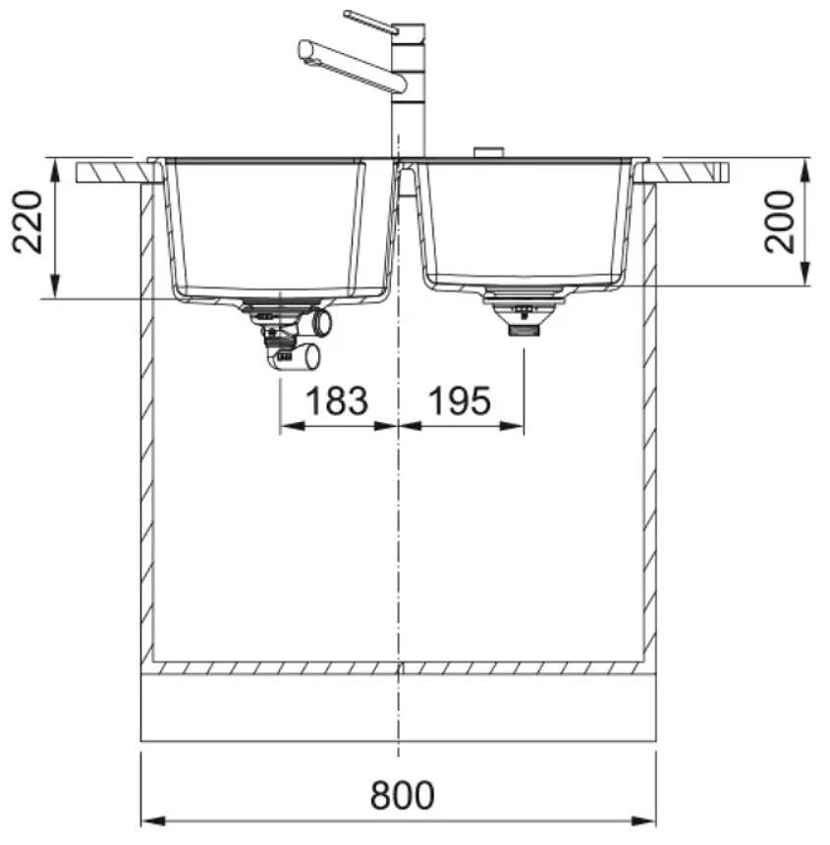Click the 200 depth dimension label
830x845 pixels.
(x=780, y=222)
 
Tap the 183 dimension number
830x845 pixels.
(x=337, y=401)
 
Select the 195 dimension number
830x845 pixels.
(x=460, y=401)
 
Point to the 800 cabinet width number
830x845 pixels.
(x=403, y=795)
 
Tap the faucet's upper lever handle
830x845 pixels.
(x=371, y=23)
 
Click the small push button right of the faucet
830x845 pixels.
(x=488, y=152)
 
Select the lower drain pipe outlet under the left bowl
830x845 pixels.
(x=311, y=357)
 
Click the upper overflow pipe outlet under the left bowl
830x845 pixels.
(x=323, y=322)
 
